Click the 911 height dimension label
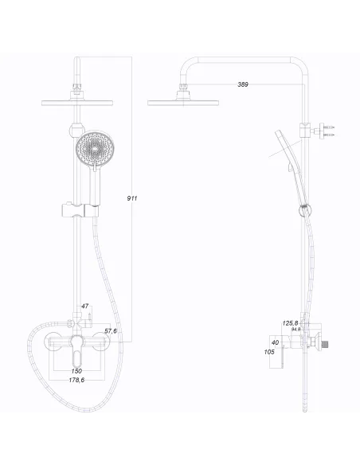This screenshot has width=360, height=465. click(132, 197)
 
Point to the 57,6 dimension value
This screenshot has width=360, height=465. click(111, 330)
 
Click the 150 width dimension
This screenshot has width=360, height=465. click(76, 371)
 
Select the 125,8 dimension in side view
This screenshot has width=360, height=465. click(291, 322)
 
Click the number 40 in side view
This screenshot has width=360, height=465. click(276, 343)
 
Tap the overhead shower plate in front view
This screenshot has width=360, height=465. click(76, 100)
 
